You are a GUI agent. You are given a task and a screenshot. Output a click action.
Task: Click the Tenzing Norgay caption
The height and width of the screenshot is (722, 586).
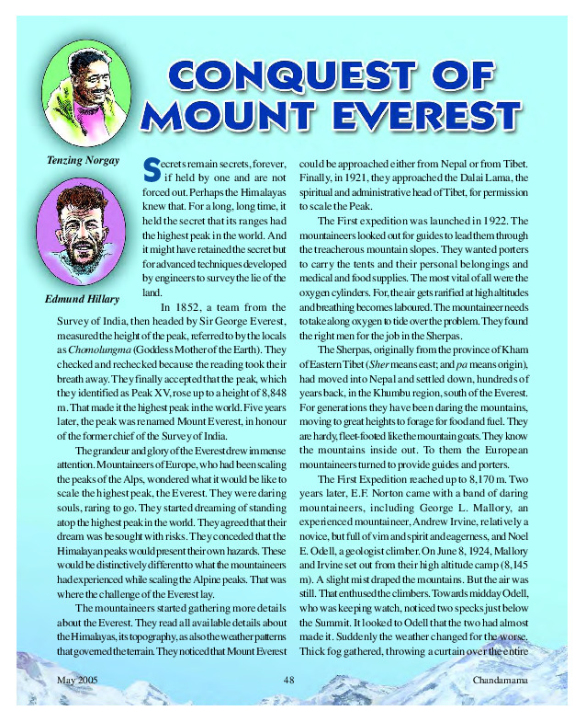83,160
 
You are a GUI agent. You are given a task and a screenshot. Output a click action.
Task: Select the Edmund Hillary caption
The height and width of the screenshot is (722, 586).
82,300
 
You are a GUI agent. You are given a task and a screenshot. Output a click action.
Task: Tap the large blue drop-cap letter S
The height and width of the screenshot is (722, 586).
152,167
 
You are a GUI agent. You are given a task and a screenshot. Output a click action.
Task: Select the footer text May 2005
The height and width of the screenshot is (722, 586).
78,680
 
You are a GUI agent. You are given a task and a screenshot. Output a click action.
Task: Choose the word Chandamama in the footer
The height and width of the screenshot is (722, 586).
500,680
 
